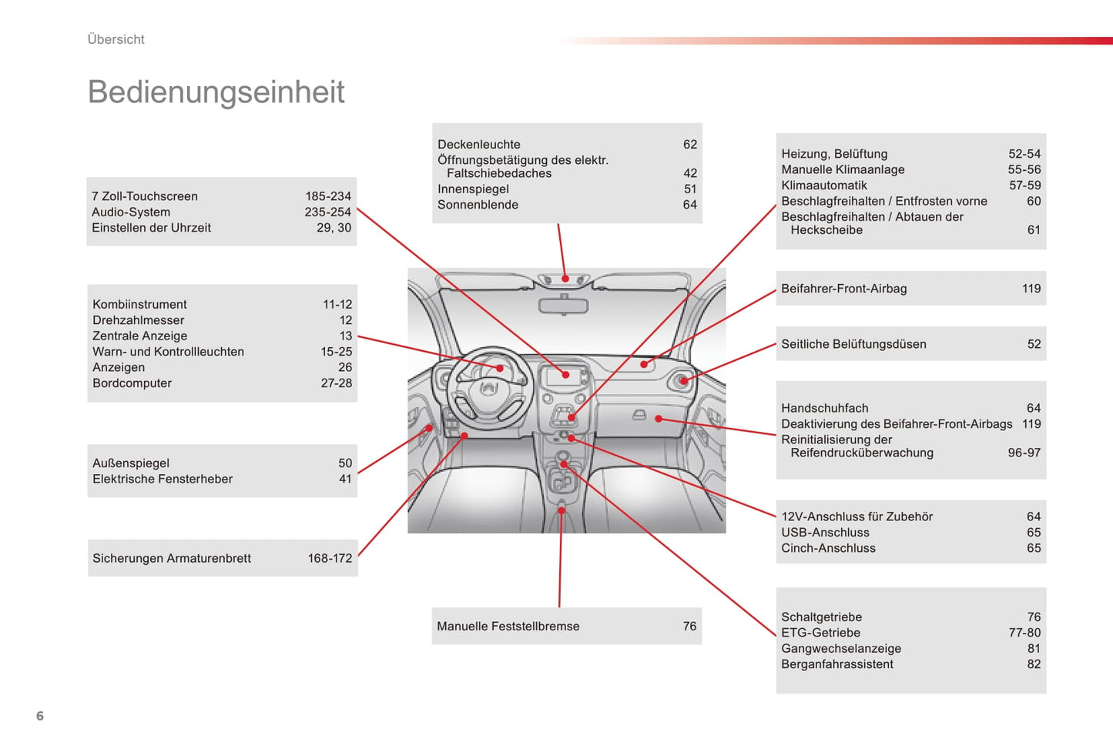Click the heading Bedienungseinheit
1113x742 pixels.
[216, 92]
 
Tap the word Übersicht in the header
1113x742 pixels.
[116, 39]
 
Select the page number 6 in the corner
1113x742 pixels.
[40, 716]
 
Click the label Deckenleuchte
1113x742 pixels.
[478, 144]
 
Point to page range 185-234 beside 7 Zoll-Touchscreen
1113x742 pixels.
[327, 196]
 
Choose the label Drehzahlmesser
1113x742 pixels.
[138, 320]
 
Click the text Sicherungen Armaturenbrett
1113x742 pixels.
[171, 558]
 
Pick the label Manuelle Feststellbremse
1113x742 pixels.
[508, 626]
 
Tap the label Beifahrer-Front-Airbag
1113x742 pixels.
[843, 289]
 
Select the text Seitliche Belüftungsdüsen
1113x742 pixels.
[853, 344]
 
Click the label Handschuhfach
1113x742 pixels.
[824, 408]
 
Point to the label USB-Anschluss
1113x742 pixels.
[825, 533]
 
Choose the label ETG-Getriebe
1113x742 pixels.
[820, 633]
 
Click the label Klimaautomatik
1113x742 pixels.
[823, 185]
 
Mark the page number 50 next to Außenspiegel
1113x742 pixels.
[345, 463]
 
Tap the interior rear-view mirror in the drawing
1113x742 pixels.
[563, 306]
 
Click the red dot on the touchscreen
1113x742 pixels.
[565, 375]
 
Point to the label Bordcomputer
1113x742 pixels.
[132, 383]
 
